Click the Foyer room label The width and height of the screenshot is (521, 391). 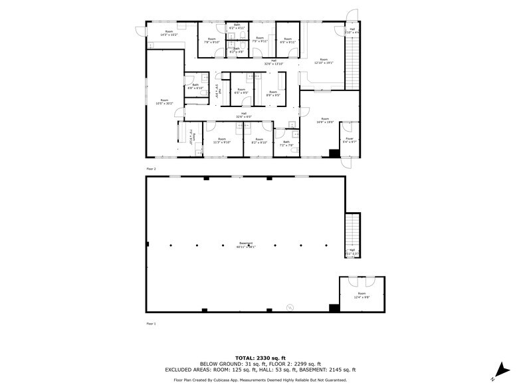(350, 140)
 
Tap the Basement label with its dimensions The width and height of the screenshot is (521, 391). (245, 245)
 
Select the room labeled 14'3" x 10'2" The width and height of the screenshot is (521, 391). (169, 33)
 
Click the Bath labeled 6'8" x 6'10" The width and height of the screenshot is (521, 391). (195, 86)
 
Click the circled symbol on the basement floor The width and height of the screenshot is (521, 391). (289, 307)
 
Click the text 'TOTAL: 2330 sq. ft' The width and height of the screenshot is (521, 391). (260, 358)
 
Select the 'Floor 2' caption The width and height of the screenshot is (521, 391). (151, 169)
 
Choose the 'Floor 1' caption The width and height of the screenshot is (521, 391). (151, 323)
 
